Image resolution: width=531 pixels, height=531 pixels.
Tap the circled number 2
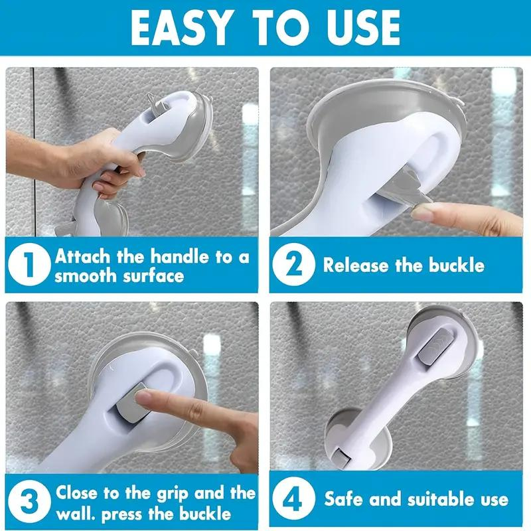click(293, 264)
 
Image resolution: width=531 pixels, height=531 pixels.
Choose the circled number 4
click(293, 498)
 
